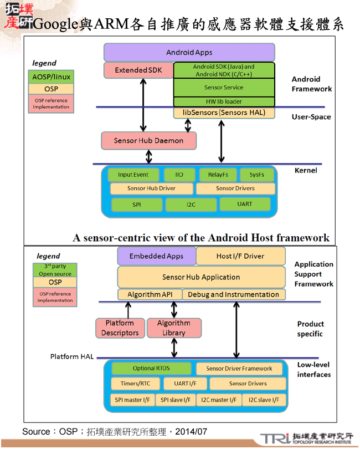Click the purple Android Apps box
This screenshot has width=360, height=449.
[x=189, y=53]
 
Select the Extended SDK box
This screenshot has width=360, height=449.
[x=138, y=70]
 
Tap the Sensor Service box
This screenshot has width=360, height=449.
[x=224, y=88]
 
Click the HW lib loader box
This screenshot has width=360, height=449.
[x=224, y=101]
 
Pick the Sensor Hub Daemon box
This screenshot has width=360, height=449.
[x=148, y=141]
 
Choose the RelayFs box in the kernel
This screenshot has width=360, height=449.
[x=218, y=175]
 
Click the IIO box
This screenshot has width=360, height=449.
[x=179, y=175]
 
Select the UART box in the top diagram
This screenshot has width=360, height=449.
[x=244, y=204]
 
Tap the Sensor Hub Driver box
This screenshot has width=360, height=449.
[x=151, y=188]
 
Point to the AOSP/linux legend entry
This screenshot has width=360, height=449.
[x=51, y=76]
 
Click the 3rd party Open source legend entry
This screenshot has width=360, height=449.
[x=55, y=270]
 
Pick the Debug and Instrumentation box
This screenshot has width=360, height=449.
[x=233, y=294]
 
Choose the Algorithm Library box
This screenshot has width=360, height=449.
[x=173, y=328]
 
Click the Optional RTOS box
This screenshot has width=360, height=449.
[x=151, y=368]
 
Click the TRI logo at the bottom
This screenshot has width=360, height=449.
[x=275, y=438]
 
